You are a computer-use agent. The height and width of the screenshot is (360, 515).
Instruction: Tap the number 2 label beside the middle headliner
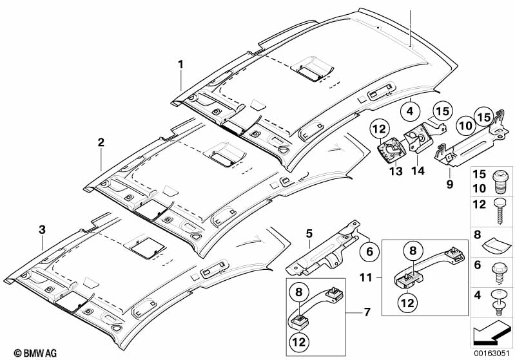(x=101, y=142)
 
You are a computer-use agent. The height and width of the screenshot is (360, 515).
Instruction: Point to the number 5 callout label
(x=309, y=234)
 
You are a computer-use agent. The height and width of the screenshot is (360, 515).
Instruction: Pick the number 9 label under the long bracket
(x=450, y=184)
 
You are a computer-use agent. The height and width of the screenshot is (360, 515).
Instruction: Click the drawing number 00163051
(x=492, y=353)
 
